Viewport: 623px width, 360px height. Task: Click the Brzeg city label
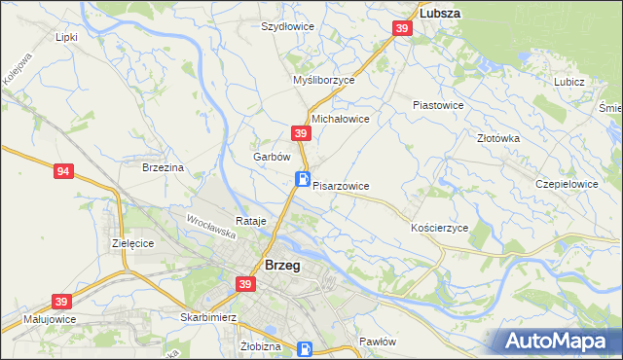(281, 265)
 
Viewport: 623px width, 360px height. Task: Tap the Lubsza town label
(439, 14)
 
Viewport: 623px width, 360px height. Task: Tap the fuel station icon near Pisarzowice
(304, 179)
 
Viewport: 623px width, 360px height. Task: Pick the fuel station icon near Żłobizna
(305, 348)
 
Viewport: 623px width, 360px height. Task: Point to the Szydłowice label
(287, 26)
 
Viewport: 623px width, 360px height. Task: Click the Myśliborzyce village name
(324, 81)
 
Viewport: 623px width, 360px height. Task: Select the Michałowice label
(340, 119)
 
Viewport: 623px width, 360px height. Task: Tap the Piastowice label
(438, 104)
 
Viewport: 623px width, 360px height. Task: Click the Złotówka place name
(499, 138)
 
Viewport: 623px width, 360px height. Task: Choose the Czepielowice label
(567, 183)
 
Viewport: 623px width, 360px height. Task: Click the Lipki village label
(66, 37)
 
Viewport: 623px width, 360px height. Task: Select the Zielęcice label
(133, 243)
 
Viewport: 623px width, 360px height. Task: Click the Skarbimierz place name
(210, 317)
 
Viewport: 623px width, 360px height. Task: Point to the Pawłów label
(377, 342)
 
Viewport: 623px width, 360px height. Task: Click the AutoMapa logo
(557, 341)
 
